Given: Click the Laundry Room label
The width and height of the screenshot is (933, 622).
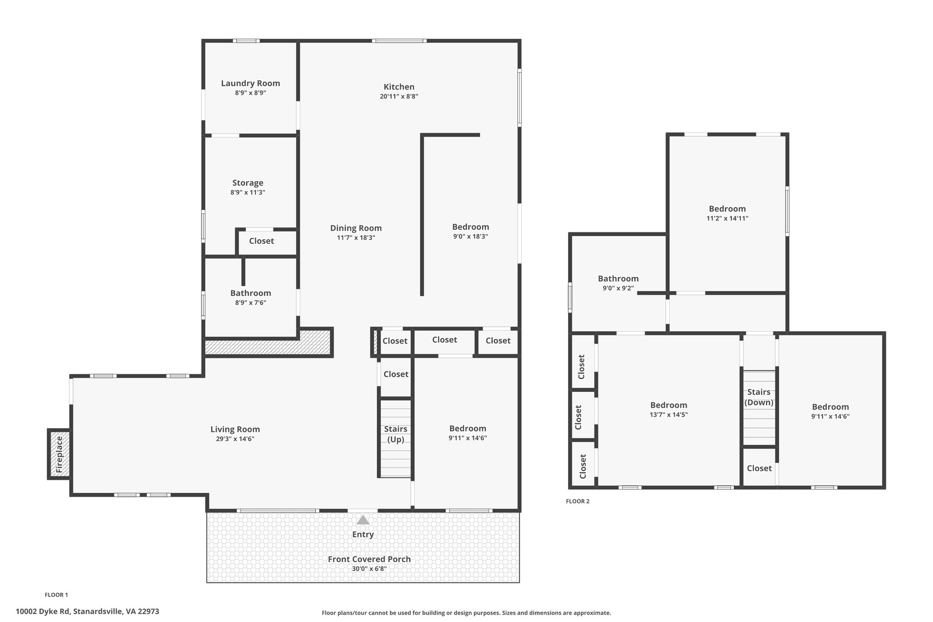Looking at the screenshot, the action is point(251,83).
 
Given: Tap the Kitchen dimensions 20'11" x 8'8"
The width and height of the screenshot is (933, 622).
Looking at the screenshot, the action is point(399,97).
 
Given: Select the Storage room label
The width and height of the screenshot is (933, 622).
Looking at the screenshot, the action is point(248,183).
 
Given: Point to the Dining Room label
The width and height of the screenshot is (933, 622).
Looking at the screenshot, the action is point(356,228).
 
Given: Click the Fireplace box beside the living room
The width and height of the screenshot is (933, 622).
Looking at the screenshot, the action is point(59,454).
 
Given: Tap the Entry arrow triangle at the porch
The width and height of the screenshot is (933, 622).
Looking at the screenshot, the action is point(363,520).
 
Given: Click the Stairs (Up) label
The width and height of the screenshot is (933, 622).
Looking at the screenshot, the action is point(395,434).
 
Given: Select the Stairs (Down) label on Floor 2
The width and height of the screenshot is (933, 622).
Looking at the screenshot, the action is point(759,397).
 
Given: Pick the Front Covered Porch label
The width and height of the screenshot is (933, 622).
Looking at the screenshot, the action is point(369,559).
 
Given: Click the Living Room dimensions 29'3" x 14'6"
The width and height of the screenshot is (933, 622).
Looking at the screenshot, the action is point(235,439).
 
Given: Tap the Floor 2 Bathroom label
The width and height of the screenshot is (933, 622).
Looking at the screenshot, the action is point(618,279).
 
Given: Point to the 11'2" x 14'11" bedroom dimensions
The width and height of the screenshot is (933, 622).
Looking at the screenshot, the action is point(727,218).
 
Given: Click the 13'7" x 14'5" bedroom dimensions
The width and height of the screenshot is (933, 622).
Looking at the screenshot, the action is point(669,415).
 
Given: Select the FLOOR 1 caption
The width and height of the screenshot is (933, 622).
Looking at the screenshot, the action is point(56,595).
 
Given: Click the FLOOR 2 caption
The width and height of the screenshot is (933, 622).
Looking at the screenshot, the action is point(578,501).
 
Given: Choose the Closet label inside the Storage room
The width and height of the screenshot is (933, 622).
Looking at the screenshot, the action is point(261,241).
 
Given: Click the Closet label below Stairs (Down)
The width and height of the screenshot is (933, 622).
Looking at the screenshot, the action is point(759,468).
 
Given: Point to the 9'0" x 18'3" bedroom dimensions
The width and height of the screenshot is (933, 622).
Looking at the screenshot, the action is point(471,236).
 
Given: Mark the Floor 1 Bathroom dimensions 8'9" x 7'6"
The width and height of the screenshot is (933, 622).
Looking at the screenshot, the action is point(251,303).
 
